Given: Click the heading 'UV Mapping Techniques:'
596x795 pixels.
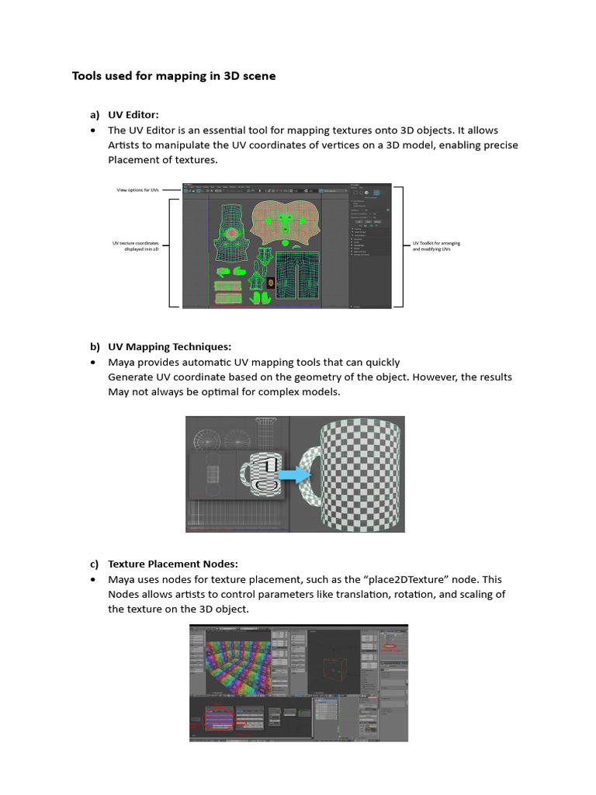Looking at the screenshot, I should pyautogui.click(x=169, y=346).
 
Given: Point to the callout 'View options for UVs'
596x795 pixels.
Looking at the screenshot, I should pyautogui.click(x=137, y=189).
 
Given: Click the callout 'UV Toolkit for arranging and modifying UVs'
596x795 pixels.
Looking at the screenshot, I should pyautogui.click(x=435, y=246).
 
